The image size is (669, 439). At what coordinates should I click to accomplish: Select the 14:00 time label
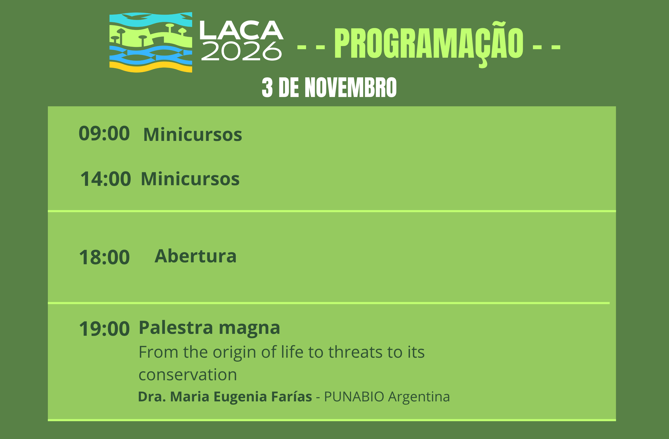click(106, 179)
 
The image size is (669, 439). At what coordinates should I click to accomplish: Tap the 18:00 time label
click(104, 257)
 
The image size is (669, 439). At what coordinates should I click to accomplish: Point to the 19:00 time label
click(104, 329)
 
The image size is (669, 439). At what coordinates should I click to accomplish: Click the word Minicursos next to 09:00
click(193, 134)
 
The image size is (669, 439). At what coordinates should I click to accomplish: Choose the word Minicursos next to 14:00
click(190, 179)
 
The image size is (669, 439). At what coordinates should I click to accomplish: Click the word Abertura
click(196, 256)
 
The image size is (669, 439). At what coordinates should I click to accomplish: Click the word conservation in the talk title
click(188, 375)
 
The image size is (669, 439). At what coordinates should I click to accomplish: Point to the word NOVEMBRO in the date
click(351, 87)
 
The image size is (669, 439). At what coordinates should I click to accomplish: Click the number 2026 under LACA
click(241, 51)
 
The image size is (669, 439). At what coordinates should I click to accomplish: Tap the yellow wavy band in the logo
click(151, 67)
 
